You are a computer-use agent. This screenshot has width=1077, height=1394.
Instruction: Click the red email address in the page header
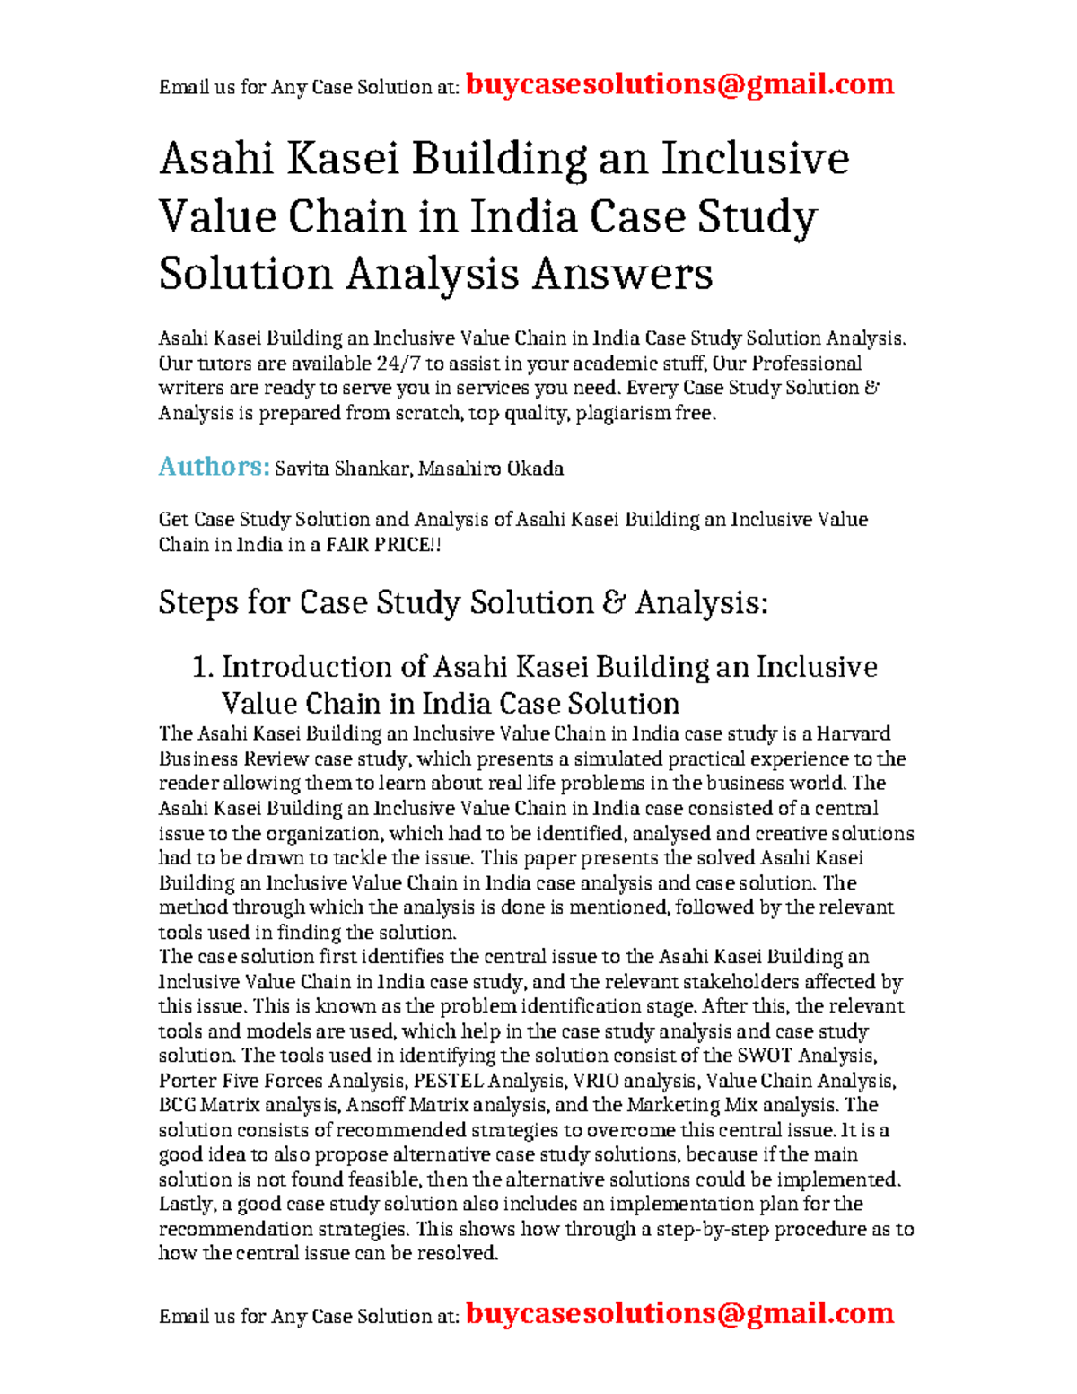pos(680,84)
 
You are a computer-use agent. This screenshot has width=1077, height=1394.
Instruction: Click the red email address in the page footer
pos(680,1313)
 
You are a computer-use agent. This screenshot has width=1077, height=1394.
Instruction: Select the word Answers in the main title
pos(622,274)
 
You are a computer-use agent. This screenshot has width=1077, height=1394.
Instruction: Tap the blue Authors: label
pos(214,467)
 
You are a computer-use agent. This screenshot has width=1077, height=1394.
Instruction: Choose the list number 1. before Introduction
pos(203,667)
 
